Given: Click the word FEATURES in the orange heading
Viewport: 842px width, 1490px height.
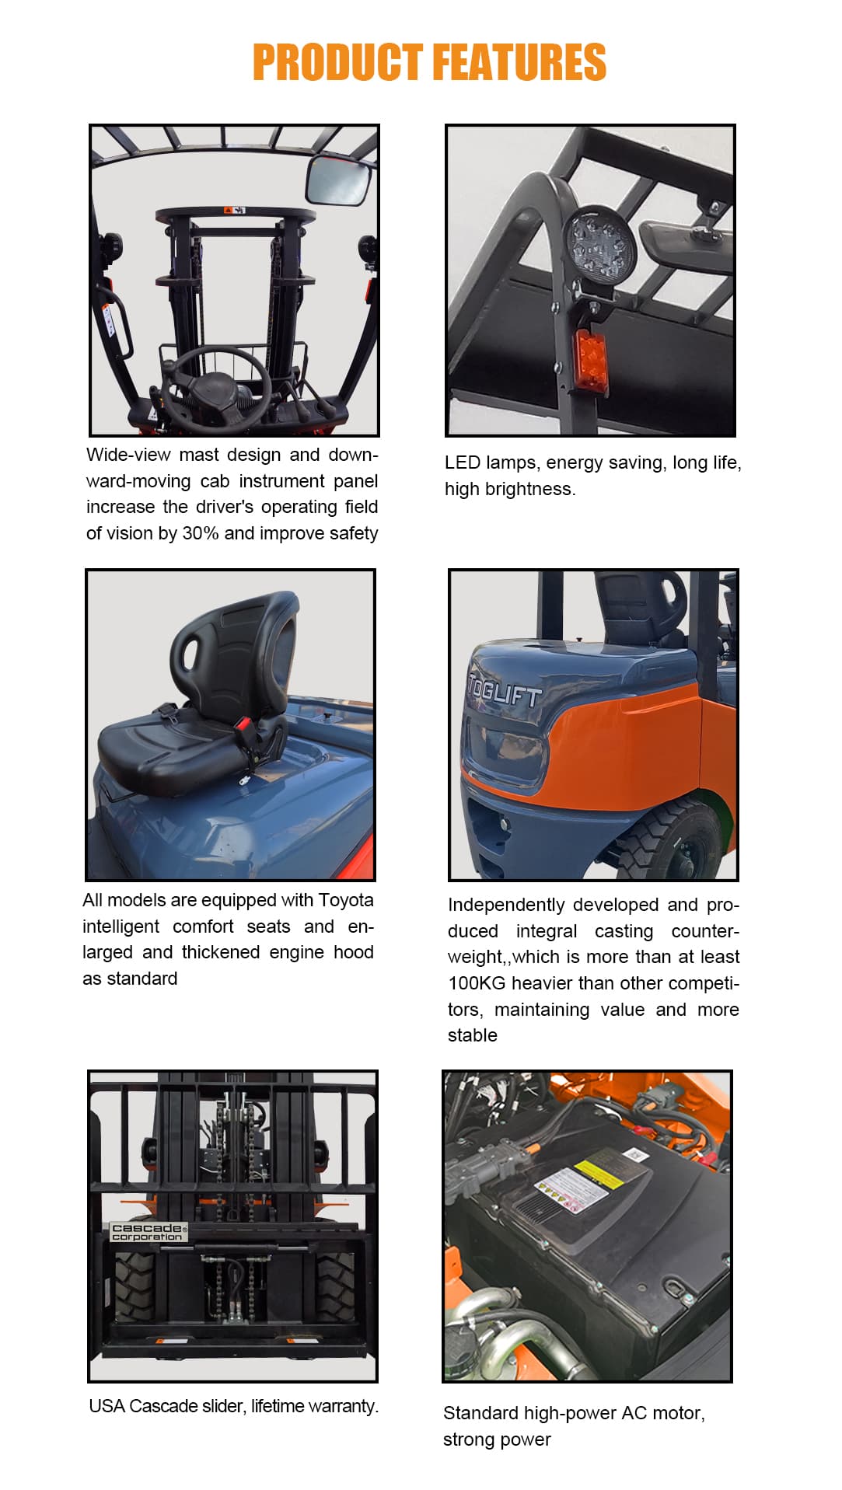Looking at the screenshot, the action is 519,62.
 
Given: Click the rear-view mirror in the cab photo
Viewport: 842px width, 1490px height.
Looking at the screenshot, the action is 340,180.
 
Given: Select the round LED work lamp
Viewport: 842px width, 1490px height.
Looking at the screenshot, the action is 599,245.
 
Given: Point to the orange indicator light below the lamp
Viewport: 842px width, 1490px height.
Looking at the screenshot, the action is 590,360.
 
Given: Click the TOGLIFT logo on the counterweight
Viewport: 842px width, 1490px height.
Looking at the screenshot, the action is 504,689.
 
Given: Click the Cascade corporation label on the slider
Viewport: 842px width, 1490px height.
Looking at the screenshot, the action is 148,1232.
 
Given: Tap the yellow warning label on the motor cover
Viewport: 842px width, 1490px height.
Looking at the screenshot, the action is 599,1174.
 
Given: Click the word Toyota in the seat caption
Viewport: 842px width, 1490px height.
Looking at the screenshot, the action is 346,901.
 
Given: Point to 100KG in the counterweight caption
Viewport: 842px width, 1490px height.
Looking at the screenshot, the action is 477,983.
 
